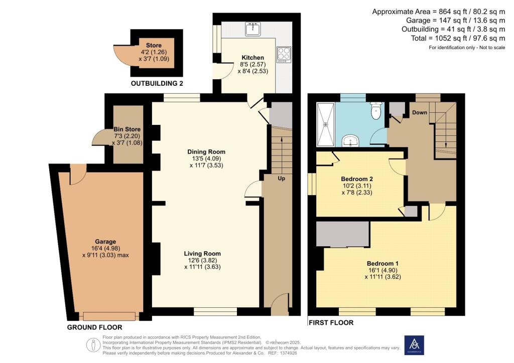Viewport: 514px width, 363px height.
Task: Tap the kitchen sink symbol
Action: (x=252, y=29)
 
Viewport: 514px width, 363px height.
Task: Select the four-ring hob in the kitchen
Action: (x=283, y=54)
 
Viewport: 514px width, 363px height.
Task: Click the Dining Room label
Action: (x=206, y=152)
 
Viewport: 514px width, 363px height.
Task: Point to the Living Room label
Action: (x=202, y=254)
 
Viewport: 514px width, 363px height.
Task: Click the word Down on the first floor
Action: (x=420, y=112)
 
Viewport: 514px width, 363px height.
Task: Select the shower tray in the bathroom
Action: (x=326, y=123)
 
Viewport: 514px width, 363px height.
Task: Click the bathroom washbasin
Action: (x=350, y=141)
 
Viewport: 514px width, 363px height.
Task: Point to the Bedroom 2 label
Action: (x=356, y=179)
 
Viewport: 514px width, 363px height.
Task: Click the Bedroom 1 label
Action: (x=383, y=263)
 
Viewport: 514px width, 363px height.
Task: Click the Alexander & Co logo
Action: (x=414, y=345)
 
